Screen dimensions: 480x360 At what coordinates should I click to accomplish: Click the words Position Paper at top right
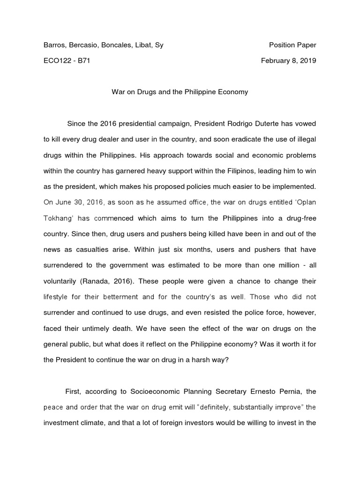point(292,45)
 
